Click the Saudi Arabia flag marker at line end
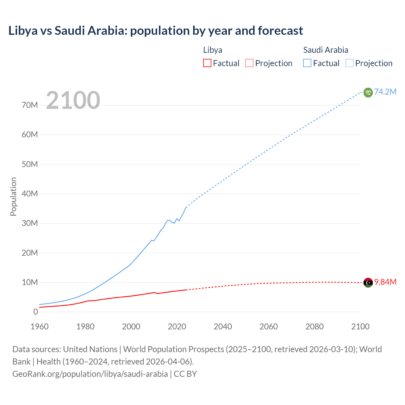point(368,92)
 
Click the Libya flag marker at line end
point(368,283)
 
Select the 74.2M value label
point(385,92)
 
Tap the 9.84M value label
point(385,282)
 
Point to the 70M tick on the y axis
point(30,105)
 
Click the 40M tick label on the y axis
point(30,194)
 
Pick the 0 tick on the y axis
point(35,312)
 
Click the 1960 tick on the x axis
point(40,327)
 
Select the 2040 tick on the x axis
point(223,327)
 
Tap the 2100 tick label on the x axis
point(360,327)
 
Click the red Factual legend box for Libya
point(207,63)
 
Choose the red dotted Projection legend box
point(249,63)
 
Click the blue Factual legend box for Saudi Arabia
point(307,63)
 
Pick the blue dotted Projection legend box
point(349,63)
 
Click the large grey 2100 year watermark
point(73,100)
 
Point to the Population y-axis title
point(13,196)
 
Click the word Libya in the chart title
point(23,31)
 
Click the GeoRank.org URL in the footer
point(90,374)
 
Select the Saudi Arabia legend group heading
point(326,50)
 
